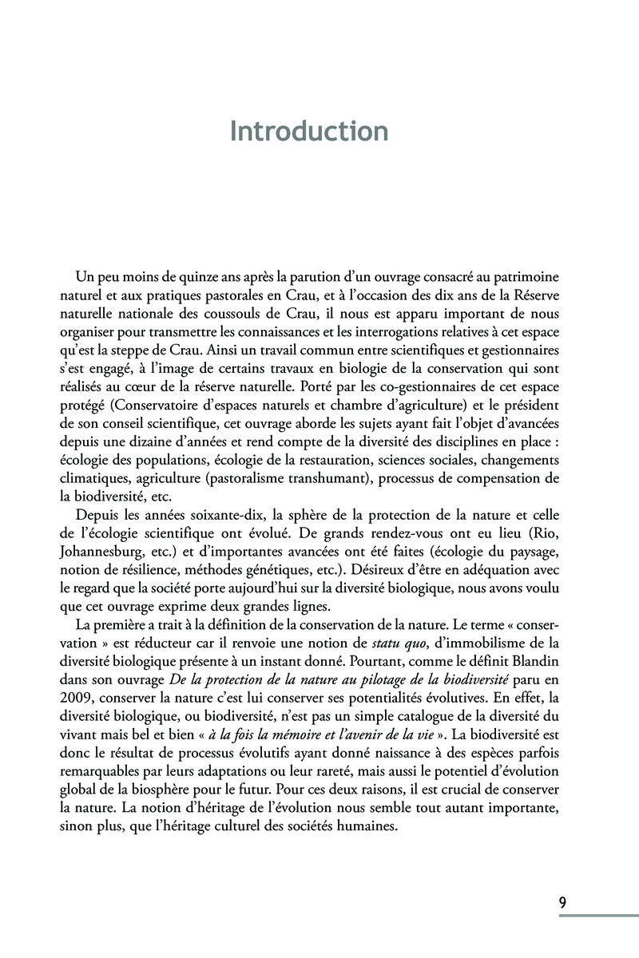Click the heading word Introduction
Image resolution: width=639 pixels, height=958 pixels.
[x=309, y=130]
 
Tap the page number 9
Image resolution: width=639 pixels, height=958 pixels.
[x=563, y=903]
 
